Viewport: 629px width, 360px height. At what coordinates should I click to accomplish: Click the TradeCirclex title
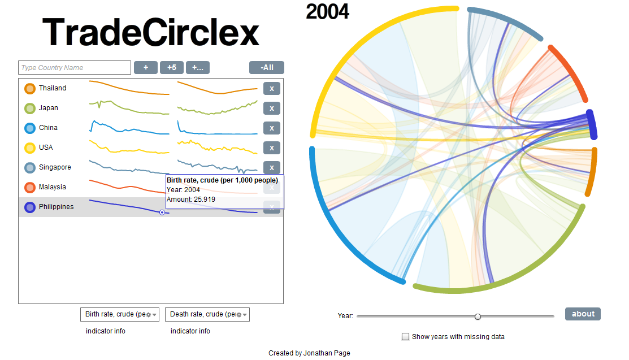tap(151, 32)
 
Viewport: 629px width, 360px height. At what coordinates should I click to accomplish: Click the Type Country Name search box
tap(75, 68)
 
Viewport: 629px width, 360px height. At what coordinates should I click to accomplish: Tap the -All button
tap(267, 68)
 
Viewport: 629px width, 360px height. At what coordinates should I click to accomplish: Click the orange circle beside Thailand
tap(30, 88)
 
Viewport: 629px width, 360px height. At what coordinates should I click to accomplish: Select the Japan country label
tap(49, 108)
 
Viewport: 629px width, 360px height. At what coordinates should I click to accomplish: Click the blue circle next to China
tap(30, 128)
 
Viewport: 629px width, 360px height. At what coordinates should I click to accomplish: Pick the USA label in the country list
tap(46, 148)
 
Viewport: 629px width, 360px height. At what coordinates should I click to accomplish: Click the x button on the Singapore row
tap(272, 167)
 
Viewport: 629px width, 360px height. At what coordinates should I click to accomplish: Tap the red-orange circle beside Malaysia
tap(30, 187)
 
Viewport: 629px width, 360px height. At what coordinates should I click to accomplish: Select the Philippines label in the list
tap(56, 207)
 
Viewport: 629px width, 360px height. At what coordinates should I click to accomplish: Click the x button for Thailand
tap(272, 88)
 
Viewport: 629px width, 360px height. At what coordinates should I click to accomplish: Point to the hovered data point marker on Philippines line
tap(162, 212)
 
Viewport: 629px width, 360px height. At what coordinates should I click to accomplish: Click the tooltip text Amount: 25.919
tap(191, 199)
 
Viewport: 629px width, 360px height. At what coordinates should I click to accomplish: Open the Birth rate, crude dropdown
tap(120, 314)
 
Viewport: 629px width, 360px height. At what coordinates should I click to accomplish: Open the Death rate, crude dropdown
tap(207, 314)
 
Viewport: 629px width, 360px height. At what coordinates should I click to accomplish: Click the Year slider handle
tap(478, 316)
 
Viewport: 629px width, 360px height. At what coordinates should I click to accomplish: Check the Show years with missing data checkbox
tap(405, 337)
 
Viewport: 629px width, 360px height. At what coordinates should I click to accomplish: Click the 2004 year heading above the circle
tap(327, 11)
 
